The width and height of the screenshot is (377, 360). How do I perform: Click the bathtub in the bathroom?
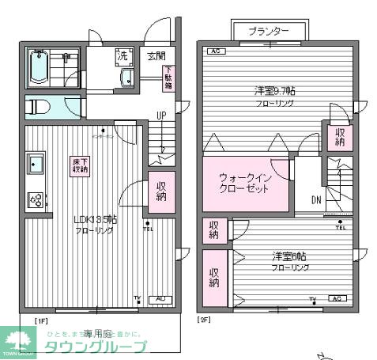pyautogui.click(x=39, y=70)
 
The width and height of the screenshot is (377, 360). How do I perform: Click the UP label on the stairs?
pyautogui.click(x=160, y=116)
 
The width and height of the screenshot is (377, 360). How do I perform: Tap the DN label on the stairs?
pyautogui.click(x=315, y=199)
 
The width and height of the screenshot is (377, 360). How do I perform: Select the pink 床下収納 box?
pyautogui.click(x=80, y=165)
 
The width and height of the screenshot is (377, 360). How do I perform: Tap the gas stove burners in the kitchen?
pyautogui.click(x=36, y=200)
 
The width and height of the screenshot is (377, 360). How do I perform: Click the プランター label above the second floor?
pyautogui.click(x=269, y=31)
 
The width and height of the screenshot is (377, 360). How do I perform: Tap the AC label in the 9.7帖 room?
pyautogui.click(x=213, y=52)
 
